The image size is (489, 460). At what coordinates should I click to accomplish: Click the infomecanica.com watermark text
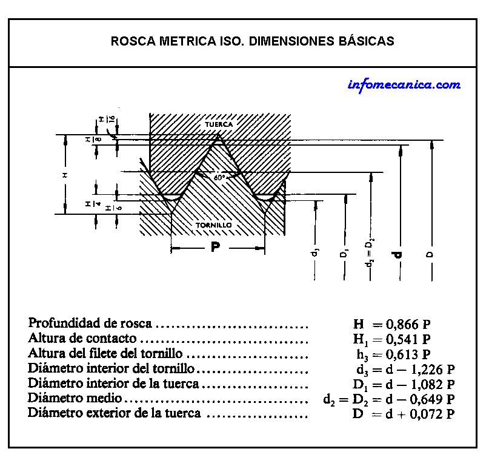404,85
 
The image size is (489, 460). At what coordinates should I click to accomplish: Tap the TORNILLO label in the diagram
213,225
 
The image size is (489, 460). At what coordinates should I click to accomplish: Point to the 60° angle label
219,178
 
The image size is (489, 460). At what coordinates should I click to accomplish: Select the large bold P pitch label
215,247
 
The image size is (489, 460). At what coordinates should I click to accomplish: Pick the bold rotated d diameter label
399,255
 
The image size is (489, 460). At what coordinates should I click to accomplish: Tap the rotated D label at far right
431,255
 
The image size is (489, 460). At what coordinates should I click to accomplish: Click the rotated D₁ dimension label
344,254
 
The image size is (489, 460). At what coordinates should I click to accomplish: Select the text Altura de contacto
82,339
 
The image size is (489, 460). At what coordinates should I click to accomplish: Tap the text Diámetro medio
76,399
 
